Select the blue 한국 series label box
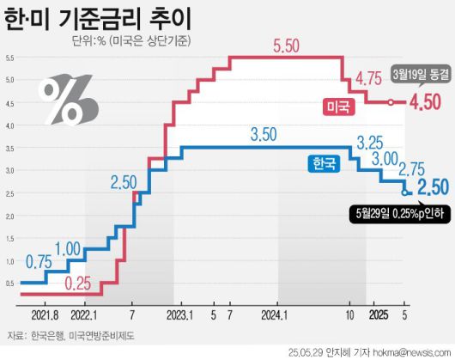(324, 162)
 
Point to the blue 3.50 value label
(268, 135)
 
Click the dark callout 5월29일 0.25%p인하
(400, 211)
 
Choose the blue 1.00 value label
(93, 248)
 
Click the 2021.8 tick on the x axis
(39, 314)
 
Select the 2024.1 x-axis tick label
(276, 314)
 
